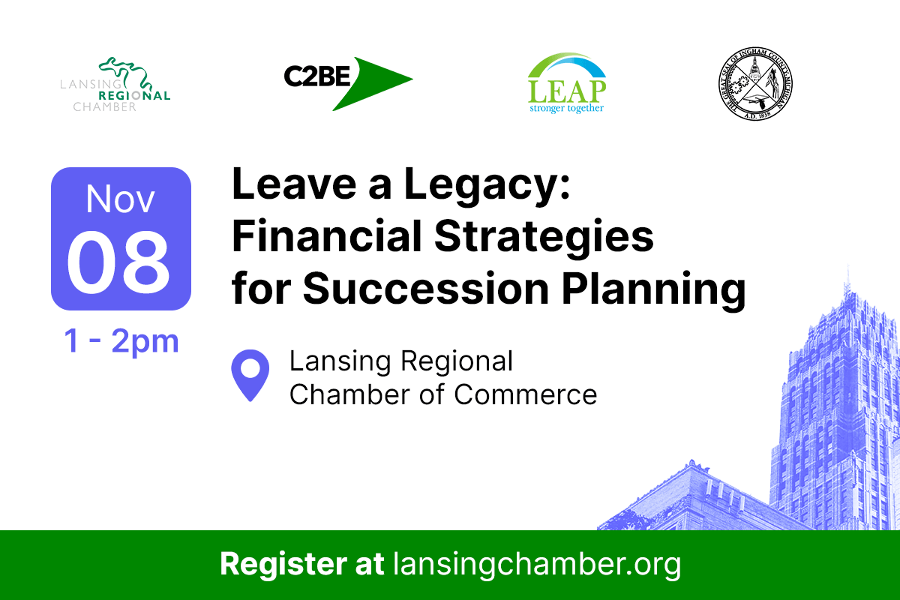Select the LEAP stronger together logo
[566, 83]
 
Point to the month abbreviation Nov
[121, 199]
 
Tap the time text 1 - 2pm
[121, 341]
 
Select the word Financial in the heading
[319, 237]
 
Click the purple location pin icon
[250, 374]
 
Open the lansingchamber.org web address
[536, 564]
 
